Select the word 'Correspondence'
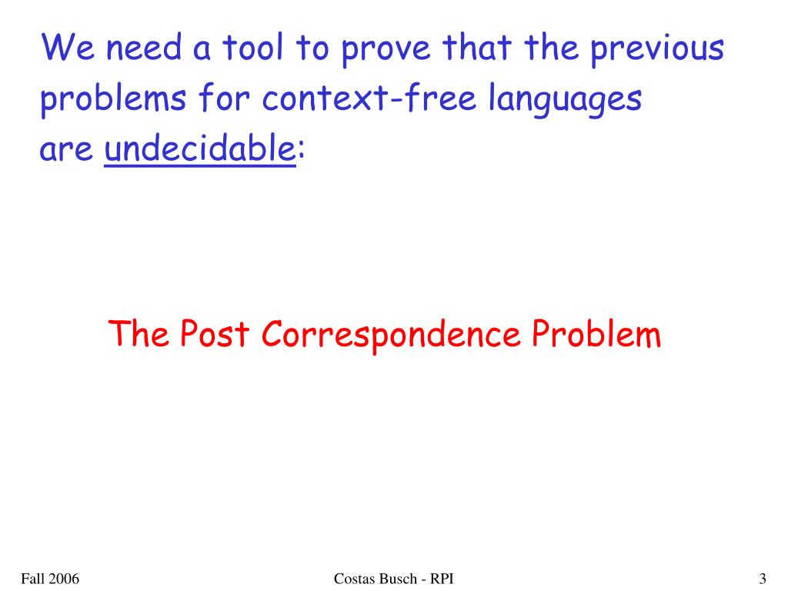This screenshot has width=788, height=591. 390,335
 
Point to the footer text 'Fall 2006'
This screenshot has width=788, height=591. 50,579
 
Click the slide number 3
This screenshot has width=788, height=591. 762,579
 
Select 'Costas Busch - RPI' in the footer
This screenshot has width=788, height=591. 394,579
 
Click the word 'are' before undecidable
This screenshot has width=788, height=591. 66,151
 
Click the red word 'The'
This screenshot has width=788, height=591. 139,335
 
